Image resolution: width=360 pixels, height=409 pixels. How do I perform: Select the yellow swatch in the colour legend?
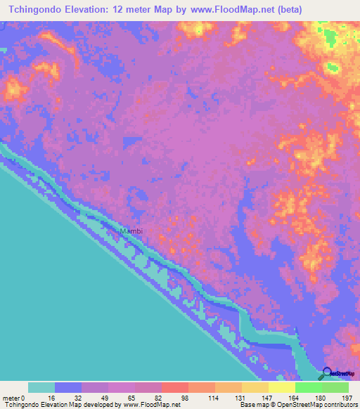point(282,387)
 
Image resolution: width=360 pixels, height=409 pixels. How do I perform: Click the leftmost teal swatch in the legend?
point(41,387)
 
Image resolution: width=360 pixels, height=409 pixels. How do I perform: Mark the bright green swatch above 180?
point(309,387)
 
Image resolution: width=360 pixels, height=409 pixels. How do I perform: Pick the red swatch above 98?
point(175,387)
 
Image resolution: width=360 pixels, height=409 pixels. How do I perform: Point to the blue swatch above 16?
point(68,387)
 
